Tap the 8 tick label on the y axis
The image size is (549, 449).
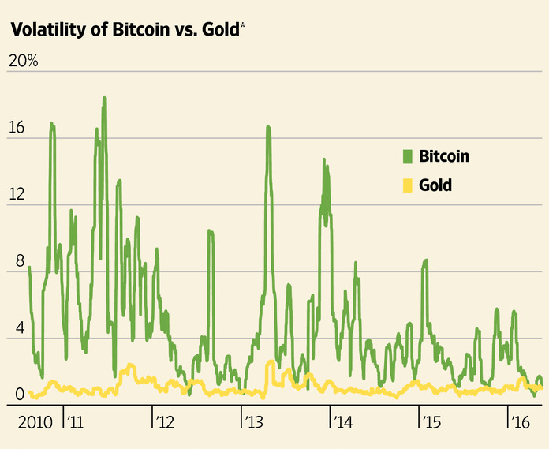(12, 262)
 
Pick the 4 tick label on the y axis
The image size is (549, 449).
(12, 328)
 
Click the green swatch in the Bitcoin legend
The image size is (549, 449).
(408, 156)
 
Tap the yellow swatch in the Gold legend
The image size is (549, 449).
(408, 185)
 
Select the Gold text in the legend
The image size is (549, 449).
(435, 185)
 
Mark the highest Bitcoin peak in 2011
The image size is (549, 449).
(104, 99)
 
